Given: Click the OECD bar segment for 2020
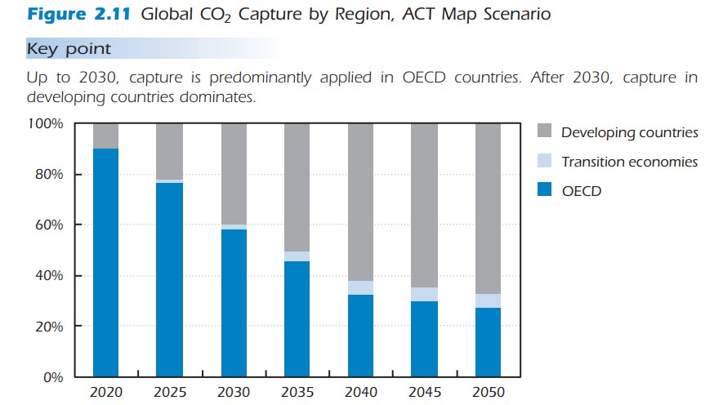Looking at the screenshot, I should (x=105, y=262).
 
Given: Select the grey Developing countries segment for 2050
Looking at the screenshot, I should (x=488, y=208).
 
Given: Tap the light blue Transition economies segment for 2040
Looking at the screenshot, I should (x=360, y=287).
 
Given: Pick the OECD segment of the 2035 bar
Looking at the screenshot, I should (x=297, y=318).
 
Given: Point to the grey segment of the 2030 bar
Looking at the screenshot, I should (x=233, y=173).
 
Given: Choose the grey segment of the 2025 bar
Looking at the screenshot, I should (x=169, y=151).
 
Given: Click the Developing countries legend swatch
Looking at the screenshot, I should (x=546, y=132).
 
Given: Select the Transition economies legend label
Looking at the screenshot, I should (x=629, y=162).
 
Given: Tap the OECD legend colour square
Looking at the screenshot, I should (x=546, y=191).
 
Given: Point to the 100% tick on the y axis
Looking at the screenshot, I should (x=46, y=124).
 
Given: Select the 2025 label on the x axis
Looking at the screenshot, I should (x=169, y=393).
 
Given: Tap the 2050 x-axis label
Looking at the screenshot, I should (x=488, y=393).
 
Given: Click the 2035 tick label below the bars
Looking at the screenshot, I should (x=297, y=393).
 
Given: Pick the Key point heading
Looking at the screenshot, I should (x=69, y=49).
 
